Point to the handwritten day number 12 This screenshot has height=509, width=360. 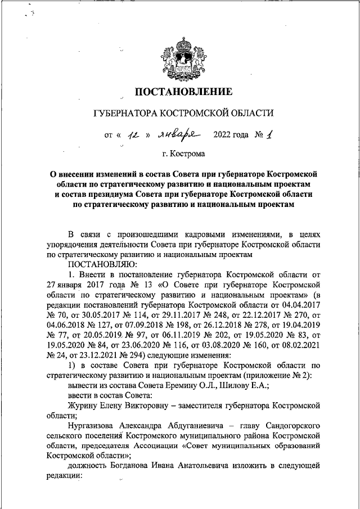pos(134,135)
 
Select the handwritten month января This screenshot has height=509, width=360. pos(180,134)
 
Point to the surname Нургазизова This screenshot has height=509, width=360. pos(92,426)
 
